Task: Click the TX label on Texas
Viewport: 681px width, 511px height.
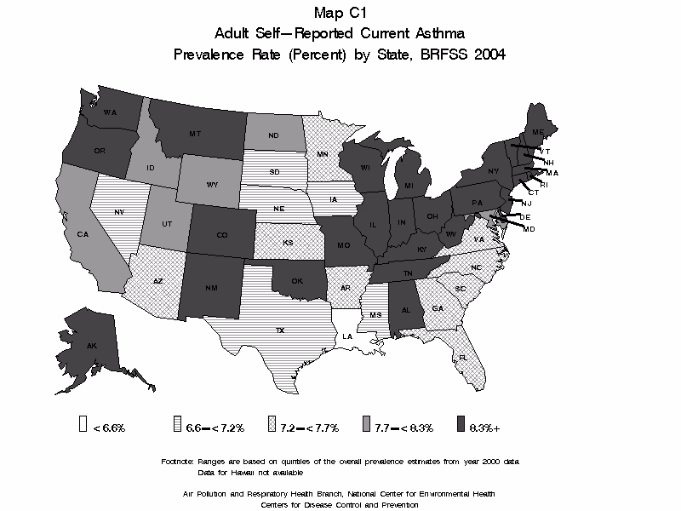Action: pos(279,330)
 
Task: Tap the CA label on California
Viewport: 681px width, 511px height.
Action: pos(83,233)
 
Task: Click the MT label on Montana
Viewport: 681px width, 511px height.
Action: pos(195,135)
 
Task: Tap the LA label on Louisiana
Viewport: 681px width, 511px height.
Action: pos(347,336)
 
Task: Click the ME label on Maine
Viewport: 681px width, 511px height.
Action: pos(538,134)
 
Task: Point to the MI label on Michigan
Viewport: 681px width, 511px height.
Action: pos(409,186)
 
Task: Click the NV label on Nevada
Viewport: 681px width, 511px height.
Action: pos(118,210)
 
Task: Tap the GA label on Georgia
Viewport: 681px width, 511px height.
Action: pos(438,308)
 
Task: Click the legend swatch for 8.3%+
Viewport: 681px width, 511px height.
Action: pos(461,426)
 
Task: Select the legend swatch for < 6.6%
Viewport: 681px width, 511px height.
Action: pos(83,426)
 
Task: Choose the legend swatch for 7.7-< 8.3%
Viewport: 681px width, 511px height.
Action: pos(366,426)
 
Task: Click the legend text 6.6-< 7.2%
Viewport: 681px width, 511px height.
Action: pos(210,427)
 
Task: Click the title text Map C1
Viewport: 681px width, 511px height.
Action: pos(340,12)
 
